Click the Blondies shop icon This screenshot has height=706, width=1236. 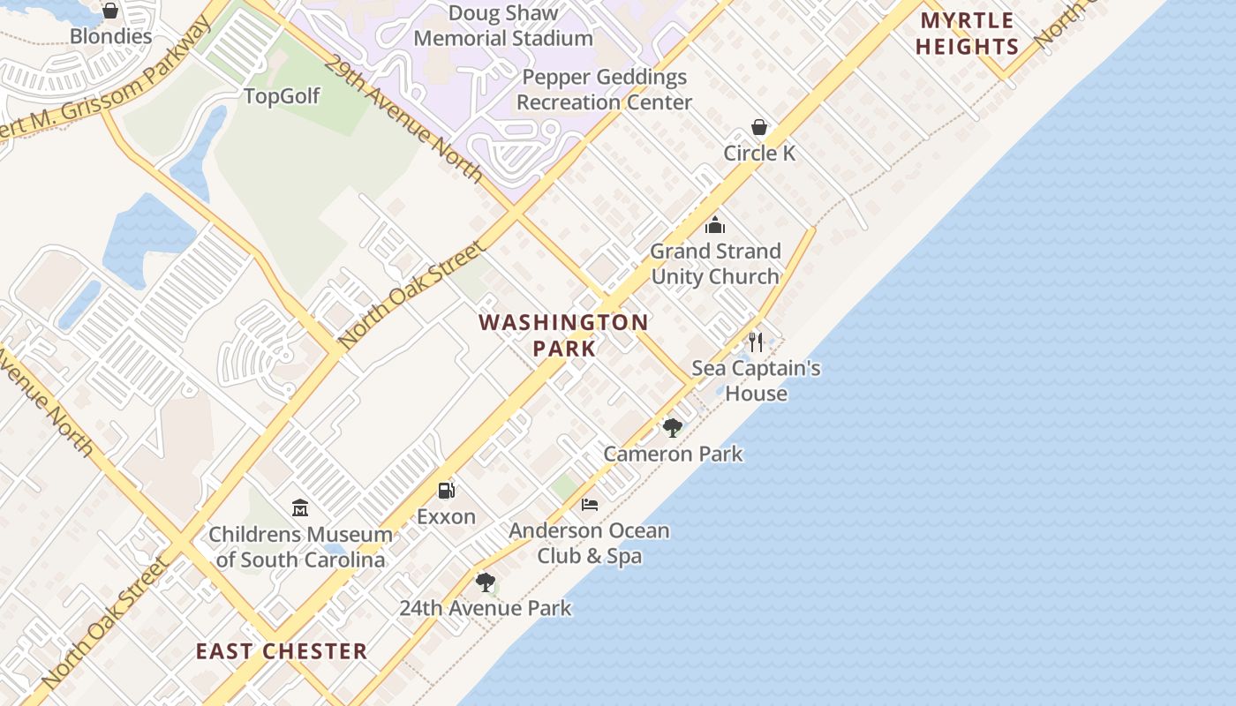(110, 11)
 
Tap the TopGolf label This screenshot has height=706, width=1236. (282, 96)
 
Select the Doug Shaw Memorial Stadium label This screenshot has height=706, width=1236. (503, 26)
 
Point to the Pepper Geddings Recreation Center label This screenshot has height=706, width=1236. (604, 89)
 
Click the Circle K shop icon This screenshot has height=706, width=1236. (758, 128)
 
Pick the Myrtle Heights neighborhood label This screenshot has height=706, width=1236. (967, 34)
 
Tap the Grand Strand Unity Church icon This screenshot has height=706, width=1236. (715, 226)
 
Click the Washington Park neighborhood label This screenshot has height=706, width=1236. (564, 334)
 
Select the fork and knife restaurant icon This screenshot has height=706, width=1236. (756, 342)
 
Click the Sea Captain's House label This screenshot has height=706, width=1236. (756, 380)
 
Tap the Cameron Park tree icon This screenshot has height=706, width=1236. (673, 429)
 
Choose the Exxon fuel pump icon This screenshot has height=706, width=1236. (447, 491)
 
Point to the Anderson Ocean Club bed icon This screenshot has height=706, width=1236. (590, 505)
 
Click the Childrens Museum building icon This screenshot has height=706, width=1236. (300, 508)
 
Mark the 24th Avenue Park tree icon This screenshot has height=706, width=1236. (485, 582)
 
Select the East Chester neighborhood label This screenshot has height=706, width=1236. (282, 651)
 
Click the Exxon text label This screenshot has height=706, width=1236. (446, 516)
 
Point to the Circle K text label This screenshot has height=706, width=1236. (759, 153)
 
